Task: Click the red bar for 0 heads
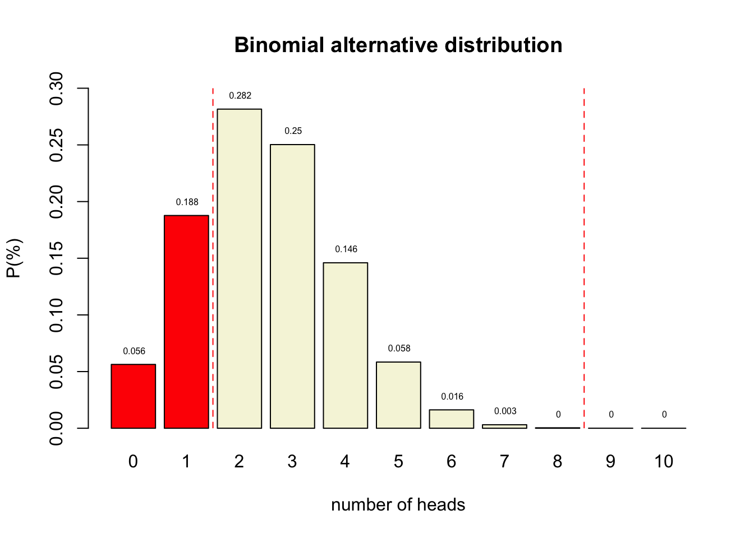133,396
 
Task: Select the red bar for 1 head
186,322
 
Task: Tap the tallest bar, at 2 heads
239,268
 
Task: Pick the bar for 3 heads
292,286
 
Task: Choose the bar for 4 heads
345,345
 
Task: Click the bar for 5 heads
398,395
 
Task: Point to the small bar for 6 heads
452,419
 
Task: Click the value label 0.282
240,96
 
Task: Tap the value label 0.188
187,202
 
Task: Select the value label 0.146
346,249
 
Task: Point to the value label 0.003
505,411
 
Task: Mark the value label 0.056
134,351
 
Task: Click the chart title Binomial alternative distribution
398,45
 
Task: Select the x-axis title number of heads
398,505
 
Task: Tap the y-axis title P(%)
14,258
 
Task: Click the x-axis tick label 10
664,462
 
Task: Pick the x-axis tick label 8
557,462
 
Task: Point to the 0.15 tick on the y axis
56,258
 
